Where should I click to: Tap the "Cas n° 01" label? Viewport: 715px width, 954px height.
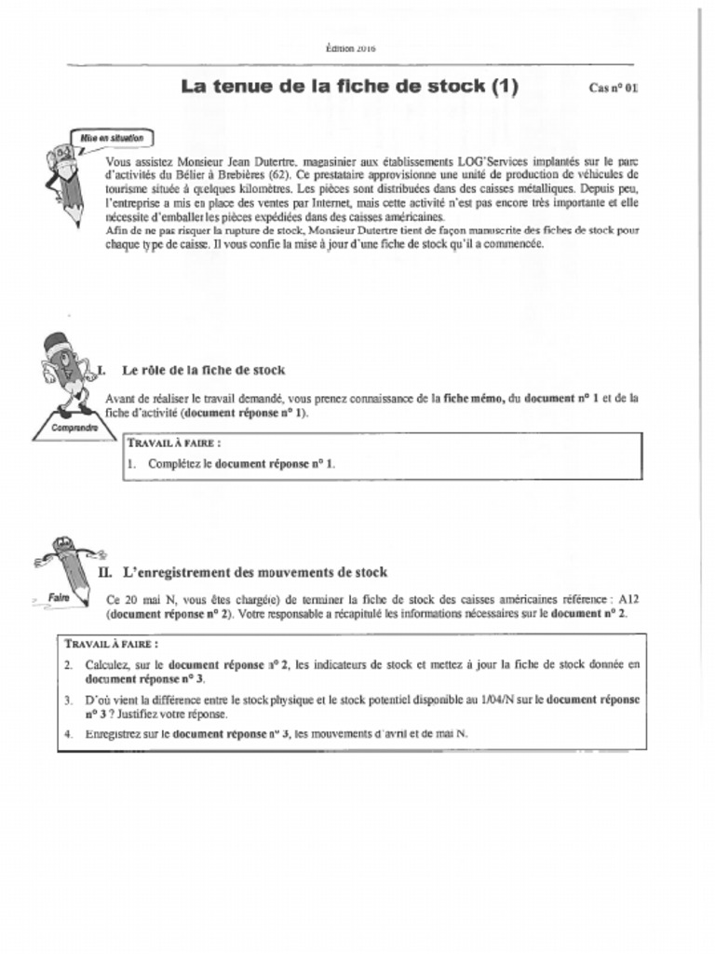coord(614,89)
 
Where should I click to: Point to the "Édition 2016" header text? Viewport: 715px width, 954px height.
coord(350,47)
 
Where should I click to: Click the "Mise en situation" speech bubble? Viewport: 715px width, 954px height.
coord(112,137)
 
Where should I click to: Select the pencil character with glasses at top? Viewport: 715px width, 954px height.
coord(67,182)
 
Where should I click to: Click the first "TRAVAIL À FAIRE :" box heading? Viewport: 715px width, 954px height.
coord(174,443)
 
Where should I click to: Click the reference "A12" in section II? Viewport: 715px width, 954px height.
coord(628,600)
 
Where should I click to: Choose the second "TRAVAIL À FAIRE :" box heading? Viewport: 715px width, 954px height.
coord(112,644)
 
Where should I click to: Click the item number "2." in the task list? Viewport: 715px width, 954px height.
coord(69,665)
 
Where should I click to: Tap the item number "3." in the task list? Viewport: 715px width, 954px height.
coord(69,699)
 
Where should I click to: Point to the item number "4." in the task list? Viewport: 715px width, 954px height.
coord(69,733)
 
